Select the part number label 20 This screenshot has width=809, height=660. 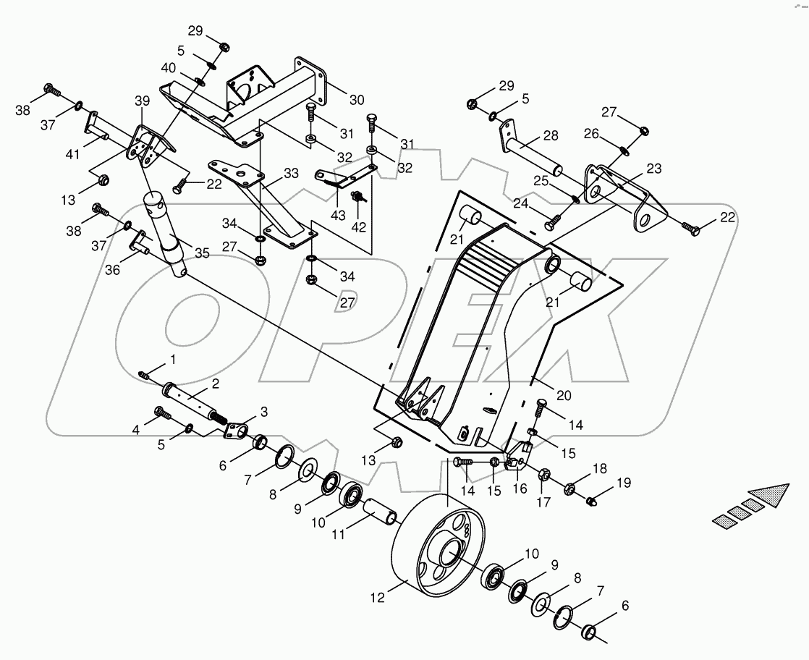pyautogui.click(x=564, y=395)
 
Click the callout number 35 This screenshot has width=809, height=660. pyautogui.click(x=202, y=253)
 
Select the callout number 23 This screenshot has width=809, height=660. pyautogui.click(x=654, y=168)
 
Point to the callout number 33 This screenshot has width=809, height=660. pyautogui.click(x=291, y=174)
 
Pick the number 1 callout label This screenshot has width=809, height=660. pyautogui.click(x=172, y=359)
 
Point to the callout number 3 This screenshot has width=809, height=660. pyautogui.click(x=263, y=412)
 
